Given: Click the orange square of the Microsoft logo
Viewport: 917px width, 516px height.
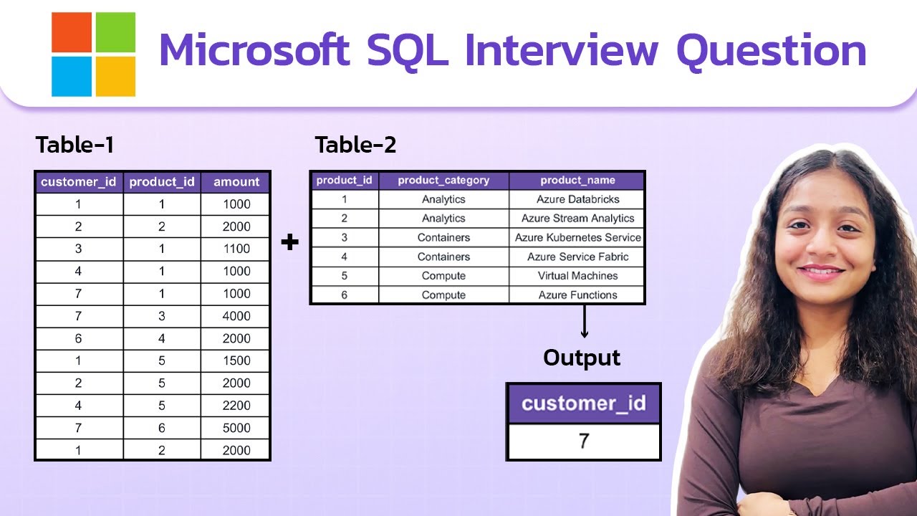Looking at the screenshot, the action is click(x=72, y=32).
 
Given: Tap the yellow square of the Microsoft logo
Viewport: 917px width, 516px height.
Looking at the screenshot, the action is click(x=116, y=77).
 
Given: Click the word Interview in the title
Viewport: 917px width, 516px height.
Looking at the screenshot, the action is click(x=561, y=50).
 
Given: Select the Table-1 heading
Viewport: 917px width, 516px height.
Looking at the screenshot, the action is click(x=75, y=145).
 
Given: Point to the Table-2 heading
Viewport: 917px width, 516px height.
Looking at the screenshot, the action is click(x=355, y=145).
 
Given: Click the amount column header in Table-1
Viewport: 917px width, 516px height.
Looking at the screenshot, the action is click(x=236, y=182).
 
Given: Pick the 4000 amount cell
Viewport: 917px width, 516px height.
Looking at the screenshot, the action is click(x=236, y=316).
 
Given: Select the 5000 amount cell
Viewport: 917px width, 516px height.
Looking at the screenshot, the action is click(x=236, y=428).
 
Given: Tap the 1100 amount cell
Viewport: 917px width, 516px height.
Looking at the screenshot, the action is click(x=236, y=249).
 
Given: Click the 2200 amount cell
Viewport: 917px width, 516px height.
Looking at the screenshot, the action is click(x=236, y=406).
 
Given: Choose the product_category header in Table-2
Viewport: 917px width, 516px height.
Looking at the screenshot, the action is click(x=443, y=181).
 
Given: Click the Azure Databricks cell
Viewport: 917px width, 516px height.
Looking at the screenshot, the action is click(x=577, y=199).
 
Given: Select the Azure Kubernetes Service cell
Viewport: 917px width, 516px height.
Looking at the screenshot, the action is click(x=577, y=237).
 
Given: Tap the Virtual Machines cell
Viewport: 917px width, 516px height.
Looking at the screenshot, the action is click(x=577, y=276).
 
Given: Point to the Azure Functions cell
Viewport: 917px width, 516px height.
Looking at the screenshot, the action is click(x=577, y=295).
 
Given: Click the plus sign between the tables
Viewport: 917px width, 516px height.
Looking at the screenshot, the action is click(x=290, y=242).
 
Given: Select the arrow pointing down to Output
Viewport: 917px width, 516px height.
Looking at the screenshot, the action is click(x=584, y=322).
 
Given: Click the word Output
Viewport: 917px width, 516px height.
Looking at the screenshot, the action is click(x=582, y=358).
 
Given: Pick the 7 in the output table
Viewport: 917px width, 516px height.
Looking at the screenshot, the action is click(x=584, y=441).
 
